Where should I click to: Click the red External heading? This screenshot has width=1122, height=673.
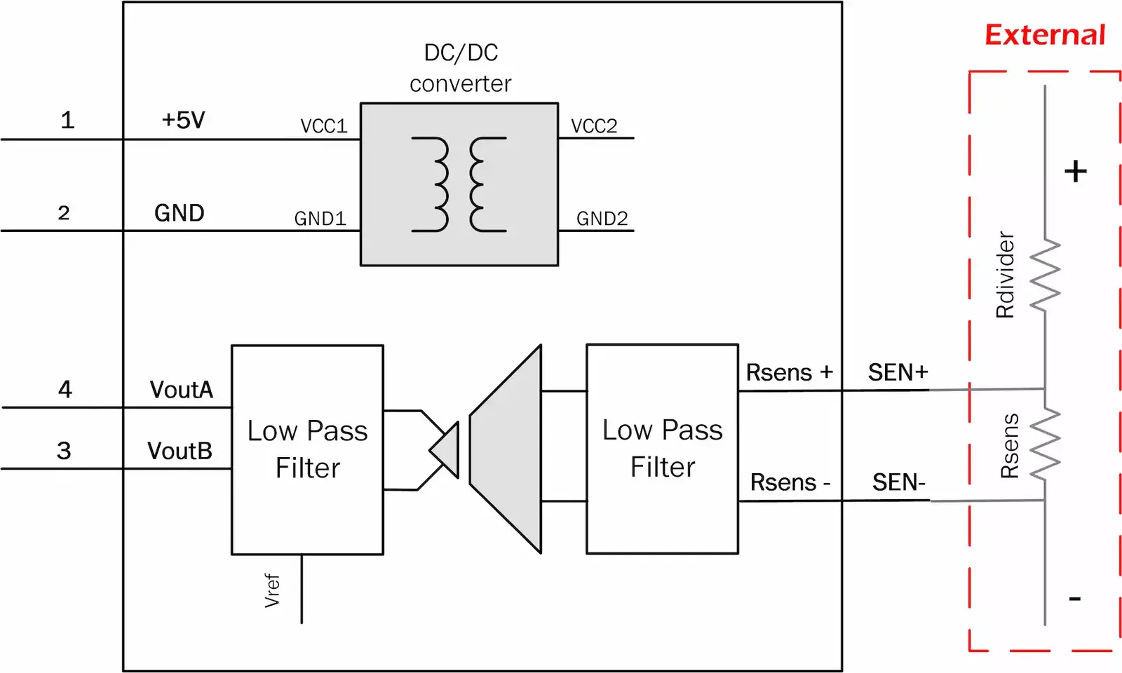pos(1044,35)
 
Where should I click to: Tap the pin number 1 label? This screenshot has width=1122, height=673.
pos(67,120)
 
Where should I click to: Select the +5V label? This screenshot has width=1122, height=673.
pos(183,120)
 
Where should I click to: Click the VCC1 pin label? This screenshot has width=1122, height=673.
pos(323,126)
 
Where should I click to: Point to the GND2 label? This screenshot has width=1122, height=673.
pos(602,219)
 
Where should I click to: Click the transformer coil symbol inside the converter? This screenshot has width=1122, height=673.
pos(459,184)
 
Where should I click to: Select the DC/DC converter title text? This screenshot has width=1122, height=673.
pos(460,68)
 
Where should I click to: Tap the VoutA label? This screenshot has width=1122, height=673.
pos(181,390)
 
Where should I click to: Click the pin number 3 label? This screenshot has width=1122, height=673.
pos(64,451)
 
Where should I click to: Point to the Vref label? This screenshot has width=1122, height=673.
pos(272,590)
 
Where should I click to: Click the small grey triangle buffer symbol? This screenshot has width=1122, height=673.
pos(447,450)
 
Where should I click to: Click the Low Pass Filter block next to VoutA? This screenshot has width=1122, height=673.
pos(307,449)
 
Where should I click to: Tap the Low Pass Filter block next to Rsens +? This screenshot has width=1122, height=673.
pos(662,449)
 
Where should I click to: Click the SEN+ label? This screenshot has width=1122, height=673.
pos(898,372)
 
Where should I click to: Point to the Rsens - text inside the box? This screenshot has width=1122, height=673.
pos(790,482)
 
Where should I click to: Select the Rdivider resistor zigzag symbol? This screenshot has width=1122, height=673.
pos(1045,275)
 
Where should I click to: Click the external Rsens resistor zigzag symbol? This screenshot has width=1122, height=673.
pos(1045,444)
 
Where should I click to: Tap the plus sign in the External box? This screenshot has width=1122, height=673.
pos(1075,172)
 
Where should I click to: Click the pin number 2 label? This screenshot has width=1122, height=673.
pos(64,213)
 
